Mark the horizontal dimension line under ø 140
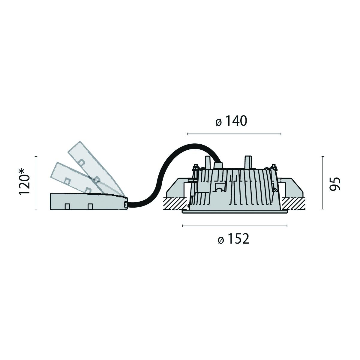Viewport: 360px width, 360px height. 234,133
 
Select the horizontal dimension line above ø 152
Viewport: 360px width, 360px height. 235,225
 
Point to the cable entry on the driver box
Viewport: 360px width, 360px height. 126,205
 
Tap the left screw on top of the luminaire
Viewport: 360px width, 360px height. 196,167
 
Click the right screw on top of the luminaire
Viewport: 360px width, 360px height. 273,167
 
